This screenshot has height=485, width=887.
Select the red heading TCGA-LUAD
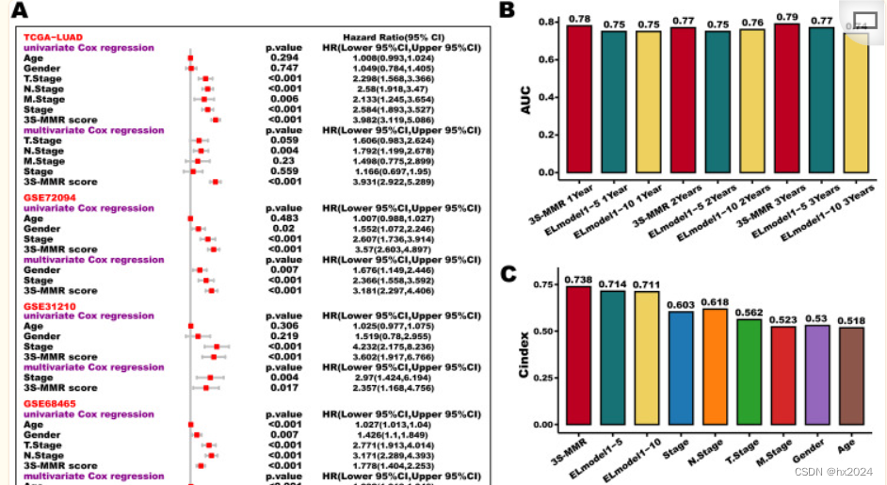click(x=54, y=38)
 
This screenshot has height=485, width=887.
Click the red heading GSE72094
click(x=50, y=198)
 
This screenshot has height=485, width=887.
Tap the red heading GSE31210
click(x=50, y=306)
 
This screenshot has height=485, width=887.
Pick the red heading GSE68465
click(x=50, y=404)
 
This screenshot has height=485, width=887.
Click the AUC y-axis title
click(x=526, y=99)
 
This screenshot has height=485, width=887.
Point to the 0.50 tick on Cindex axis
click(x=543, y=331)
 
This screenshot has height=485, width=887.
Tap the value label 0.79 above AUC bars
click(x=788, y=17)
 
